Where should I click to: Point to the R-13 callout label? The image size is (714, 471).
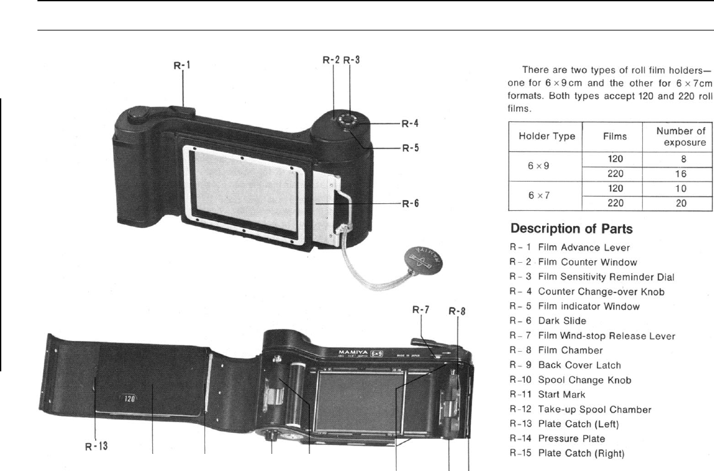click(96, 446)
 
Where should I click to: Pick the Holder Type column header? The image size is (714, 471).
click(546, 136)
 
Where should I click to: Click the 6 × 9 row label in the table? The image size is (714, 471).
click(546, 165)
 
